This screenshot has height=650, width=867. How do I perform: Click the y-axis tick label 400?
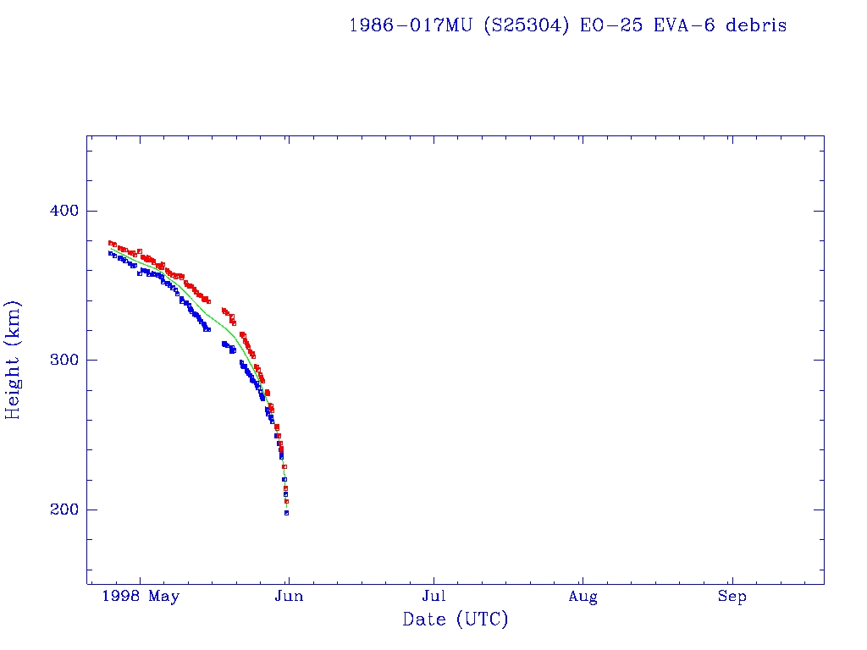[58, 211]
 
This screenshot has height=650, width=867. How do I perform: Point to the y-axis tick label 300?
[58, 360]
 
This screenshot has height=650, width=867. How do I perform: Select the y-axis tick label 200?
[58, 510]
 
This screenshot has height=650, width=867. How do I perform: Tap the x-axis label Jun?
[288, 597]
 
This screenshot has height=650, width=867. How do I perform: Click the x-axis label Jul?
[434, 597]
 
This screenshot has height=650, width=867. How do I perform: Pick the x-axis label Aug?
[583, 597]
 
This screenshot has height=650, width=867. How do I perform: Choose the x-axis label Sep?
[732, 597]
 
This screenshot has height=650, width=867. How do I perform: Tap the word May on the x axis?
[164, 597]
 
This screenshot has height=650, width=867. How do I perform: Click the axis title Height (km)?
[14, 360]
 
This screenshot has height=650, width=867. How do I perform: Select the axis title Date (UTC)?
[456, 620]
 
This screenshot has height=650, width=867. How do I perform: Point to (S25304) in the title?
[527, 25]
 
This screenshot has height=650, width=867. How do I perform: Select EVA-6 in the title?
[674, 25]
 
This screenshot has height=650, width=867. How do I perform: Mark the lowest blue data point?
[286, 513]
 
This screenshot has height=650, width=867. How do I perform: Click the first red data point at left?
[110, 243]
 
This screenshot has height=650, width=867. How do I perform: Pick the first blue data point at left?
[110, 253]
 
